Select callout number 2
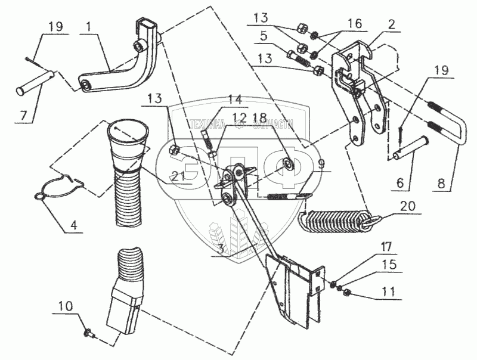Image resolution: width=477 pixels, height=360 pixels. coord(391,25)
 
